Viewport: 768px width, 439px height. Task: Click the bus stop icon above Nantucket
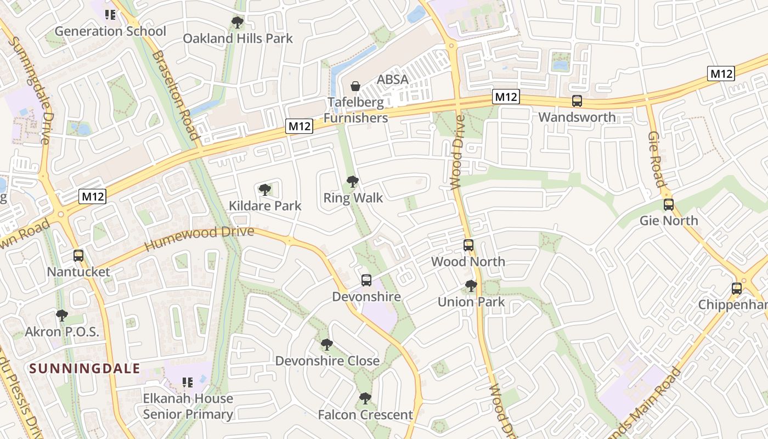(x=78, y=255)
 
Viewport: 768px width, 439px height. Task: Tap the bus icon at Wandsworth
(x=577, y=101)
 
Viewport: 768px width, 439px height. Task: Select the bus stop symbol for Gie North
(x=668, y=205)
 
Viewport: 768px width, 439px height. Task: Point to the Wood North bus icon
(x=468, y=245)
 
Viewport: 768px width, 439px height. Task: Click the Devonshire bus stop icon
(x=366, y=280)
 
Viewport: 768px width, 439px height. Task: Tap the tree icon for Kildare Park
(x=265, y=190)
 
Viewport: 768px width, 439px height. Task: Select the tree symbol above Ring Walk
(x=353, y=182)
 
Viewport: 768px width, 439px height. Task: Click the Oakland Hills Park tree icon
(x=238, y=22)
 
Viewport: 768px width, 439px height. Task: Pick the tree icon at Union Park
(x=471, y=286)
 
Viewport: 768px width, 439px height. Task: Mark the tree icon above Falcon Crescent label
(x=365, y=398)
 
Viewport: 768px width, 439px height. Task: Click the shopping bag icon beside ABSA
(x=355, y=86)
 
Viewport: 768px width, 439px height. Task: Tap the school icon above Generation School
(x=110, y=15)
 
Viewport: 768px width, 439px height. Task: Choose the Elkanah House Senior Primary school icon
(x=188, y=382)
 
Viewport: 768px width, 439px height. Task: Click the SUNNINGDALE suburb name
(x=85, y=368)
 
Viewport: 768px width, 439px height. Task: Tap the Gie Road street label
(x=657, y=159)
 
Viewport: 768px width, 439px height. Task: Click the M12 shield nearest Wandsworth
(x=505, y=97)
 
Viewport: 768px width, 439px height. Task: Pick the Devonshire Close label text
(x=327, y=361)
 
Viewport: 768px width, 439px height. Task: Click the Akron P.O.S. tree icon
(x=62, y=316)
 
